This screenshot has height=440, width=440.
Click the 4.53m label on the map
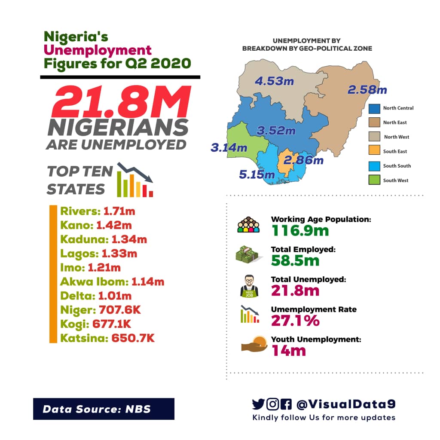pos(274,81)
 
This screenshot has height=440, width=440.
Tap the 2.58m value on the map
pos(367,90)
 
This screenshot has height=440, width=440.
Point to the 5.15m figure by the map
pos(257,174)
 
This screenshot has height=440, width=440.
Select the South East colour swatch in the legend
pos(375,152)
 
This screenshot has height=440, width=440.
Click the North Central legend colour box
pos(375,108)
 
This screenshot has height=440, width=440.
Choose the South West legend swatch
pos(375,180)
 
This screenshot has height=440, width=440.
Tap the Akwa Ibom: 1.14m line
pos(112,282)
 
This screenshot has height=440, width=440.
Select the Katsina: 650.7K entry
pos(107,338)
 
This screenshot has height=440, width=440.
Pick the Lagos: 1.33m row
pos(99,254)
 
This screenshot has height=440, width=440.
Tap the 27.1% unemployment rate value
pos(295,320)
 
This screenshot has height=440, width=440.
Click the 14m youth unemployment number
pos(288,350)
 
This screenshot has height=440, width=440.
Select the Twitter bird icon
pos(258,404)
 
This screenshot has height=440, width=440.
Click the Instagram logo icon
pos(272,404)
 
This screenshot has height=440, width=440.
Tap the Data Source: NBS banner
pos(104,409)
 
